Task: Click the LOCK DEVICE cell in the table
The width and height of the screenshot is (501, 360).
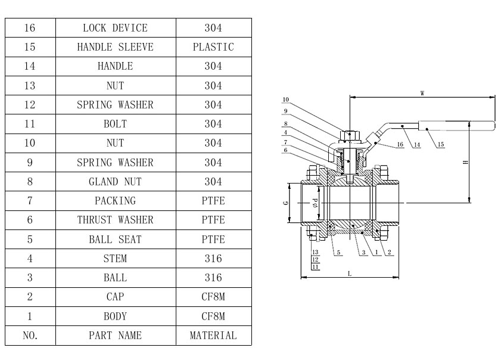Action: (x=116, y=28)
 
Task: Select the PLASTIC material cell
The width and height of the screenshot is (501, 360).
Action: (x=213, y=47)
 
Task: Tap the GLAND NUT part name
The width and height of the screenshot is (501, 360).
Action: (x=116, y=182)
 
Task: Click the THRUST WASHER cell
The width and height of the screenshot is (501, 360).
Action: (x=116, y=220)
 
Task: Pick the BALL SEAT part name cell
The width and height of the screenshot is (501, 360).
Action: (x=116, y=239)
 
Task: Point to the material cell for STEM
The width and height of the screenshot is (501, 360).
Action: (x=213, y=258)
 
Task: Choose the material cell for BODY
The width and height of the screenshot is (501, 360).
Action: (x=213, y=316)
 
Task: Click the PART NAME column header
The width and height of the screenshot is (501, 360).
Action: (x=116, y=336)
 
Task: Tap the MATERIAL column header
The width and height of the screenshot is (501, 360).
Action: (x=213, y=336)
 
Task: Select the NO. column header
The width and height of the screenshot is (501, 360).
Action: (x=30, y=336)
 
